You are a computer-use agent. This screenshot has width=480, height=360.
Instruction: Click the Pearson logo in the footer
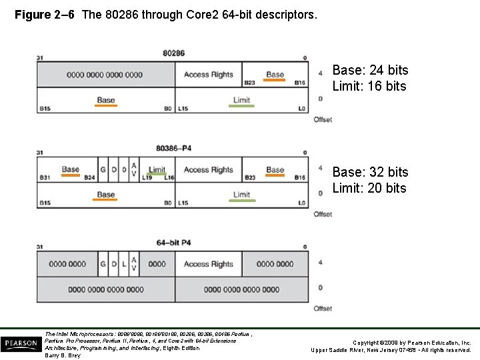click(20, 344)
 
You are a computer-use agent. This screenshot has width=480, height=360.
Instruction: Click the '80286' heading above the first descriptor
click(173, 53)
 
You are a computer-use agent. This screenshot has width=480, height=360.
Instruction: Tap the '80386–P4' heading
click(173, 147)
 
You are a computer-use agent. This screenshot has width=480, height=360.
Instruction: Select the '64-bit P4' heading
click(173, 243)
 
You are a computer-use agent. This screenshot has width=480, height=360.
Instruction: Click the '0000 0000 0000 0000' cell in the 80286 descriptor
click(105, 75)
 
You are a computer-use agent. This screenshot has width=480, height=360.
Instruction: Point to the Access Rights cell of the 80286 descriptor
click(208, 75)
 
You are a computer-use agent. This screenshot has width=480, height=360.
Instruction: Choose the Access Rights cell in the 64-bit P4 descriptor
click(208, 264)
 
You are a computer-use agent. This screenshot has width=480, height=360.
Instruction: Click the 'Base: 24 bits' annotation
click(370, 70)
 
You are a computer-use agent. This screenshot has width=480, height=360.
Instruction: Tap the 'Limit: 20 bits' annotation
click(369, 188)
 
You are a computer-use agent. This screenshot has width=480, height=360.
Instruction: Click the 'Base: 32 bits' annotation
click(370, 172)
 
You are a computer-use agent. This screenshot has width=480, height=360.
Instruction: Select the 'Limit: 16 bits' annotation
click(369, 86)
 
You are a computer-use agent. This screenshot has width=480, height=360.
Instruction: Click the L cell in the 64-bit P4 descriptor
click(124, 264)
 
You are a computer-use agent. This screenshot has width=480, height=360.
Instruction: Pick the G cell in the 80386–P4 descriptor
click(103, 169)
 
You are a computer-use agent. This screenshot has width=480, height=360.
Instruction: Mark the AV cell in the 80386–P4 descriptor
click(134, 169)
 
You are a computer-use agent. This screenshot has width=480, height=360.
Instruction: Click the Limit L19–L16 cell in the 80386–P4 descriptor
click(157, 171)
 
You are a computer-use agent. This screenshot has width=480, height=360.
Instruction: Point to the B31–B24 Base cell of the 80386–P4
click(70, 171)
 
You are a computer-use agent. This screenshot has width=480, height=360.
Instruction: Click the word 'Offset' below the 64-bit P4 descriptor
click(323, 309)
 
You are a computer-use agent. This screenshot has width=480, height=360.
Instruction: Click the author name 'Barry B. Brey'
click(63, 355)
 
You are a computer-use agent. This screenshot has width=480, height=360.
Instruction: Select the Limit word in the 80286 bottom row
click(241, 101)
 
